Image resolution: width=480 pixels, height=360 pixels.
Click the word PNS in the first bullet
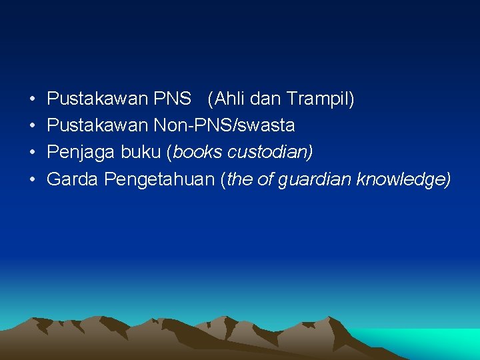tap(172, 99)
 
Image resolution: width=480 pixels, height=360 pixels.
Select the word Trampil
tap(319, 99)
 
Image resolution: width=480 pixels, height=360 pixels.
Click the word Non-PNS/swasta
tap(224, 125)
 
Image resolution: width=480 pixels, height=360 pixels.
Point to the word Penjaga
tap(81, 152)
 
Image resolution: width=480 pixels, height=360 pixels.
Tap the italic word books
tap(197, 152)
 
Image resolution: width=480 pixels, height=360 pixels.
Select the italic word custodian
tap(268, 152)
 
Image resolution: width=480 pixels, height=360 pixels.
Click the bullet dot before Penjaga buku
tap(33, 153)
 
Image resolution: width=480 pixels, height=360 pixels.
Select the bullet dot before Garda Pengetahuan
tap(33, 179)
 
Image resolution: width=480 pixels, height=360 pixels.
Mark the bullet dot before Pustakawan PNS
tap(33, 100)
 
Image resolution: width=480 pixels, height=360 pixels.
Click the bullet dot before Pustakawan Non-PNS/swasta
tap(33, 126)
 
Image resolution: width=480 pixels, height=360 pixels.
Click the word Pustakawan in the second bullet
tap(98, 125)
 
